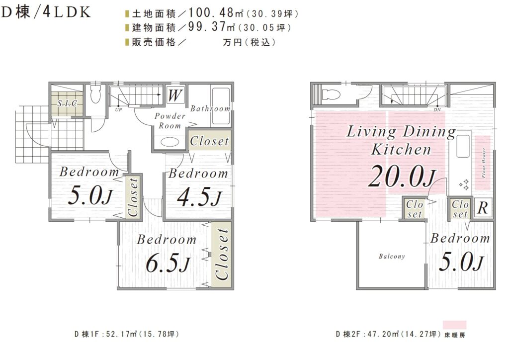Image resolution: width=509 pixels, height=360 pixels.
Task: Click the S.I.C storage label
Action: pyautogui.click(x=67, y=103)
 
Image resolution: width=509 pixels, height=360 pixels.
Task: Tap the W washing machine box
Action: pyautogui.click(x=175, y=95)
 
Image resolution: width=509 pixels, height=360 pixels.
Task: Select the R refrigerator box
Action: pyautogui.click(x=483, y=207)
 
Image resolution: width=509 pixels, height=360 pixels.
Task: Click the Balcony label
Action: pyautogui.click(x=392, y=257)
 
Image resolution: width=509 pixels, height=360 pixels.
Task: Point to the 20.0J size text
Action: pyautogui.click(x=402, y=176)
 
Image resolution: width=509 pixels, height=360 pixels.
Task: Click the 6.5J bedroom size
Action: pyautogui.click(x=168, y=263)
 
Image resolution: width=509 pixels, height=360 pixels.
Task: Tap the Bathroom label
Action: pyautogui.click(x=210, y=108)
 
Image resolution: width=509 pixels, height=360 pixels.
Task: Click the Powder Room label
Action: pyautogui.click(x=170, y=121)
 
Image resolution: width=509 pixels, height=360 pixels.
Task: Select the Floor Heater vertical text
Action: pyautogui.click(x=484, y=163)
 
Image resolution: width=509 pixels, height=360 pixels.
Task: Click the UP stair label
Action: pyautogui.click(x=118, y=110)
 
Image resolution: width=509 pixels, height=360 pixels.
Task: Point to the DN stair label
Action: pyautogui.click(x=437, y=110)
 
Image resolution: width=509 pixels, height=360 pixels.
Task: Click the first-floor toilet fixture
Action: pyautogui.click(x=95, y=94)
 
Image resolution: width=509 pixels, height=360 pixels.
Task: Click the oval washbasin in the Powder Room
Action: pyautogui.click(x=169, y=142)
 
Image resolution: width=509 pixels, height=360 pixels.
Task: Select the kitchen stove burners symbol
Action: pyautogui.click(x=464, y=184)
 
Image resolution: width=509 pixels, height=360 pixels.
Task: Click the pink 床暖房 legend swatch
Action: pyautogui.click(x=455, y=325)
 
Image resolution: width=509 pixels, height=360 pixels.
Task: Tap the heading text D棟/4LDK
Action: pyautogui.click(x=46, y=12)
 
